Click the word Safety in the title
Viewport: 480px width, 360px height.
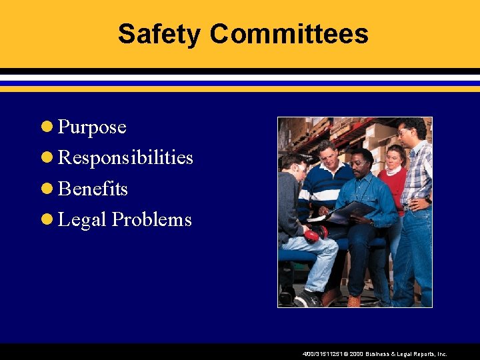[159, 34]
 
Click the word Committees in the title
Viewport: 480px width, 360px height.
[289, 34]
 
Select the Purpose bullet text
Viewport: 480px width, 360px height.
[92, 127]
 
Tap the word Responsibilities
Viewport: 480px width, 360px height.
[125, 158]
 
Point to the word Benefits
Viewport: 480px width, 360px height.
[93, 189]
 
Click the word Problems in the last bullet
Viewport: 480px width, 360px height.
[151, 220]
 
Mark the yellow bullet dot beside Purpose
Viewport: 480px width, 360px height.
[47, 127]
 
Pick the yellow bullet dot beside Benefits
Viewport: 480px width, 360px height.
[47, 189]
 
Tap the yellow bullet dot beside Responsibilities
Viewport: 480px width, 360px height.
[47, 158]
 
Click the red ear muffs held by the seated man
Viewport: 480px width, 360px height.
[315, 233]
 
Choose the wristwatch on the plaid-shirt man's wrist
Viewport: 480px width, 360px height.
[427, 199]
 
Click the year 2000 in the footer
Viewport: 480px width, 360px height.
[354, 355]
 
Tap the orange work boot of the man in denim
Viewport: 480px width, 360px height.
[353, 301]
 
